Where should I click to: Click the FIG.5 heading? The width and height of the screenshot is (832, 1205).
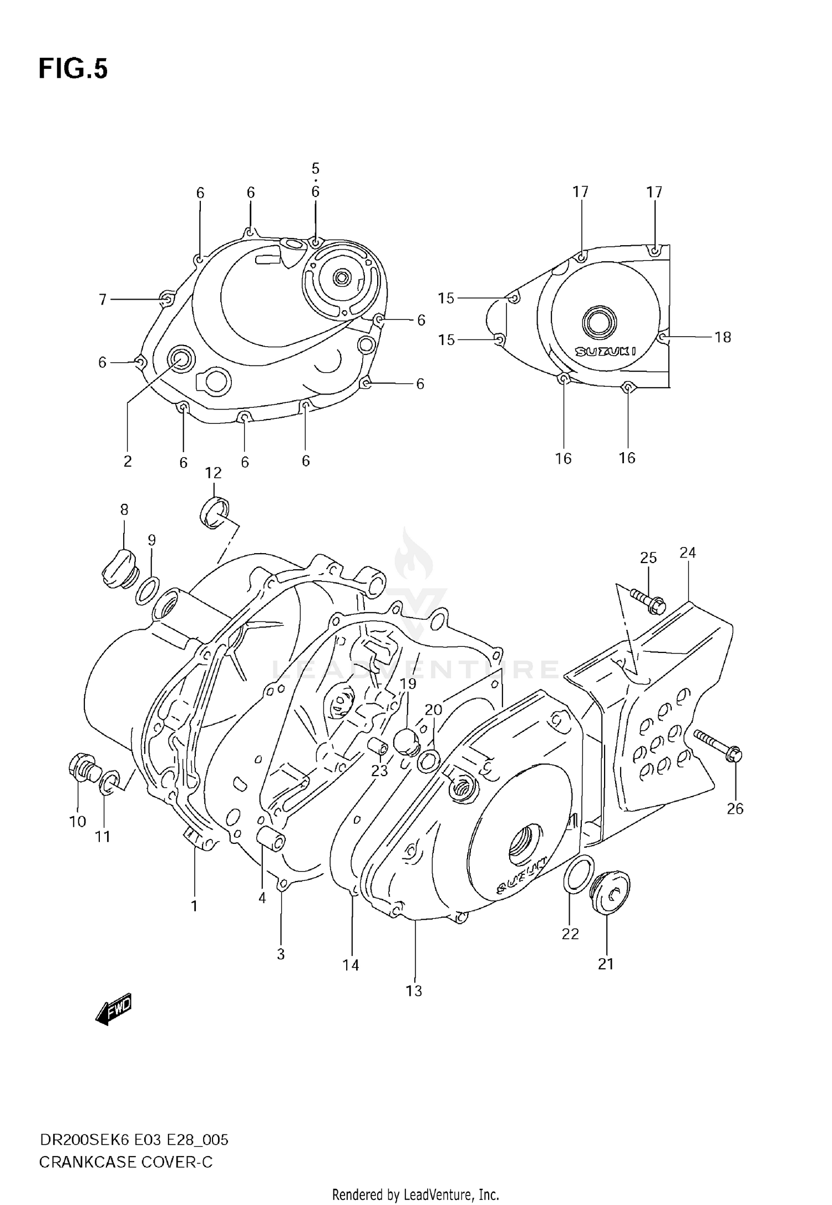[73, 69]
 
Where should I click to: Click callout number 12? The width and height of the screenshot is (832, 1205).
[213, 473]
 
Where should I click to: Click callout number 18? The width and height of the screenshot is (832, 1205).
[722, 337]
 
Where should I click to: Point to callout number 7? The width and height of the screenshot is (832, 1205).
[103, 300]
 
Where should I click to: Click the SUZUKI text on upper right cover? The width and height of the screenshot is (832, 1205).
[605, 351]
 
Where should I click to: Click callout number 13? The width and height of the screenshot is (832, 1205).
[414, 991]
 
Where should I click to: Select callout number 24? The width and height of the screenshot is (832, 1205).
[687, 553]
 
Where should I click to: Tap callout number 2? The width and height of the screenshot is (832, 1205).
[128, 461]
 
